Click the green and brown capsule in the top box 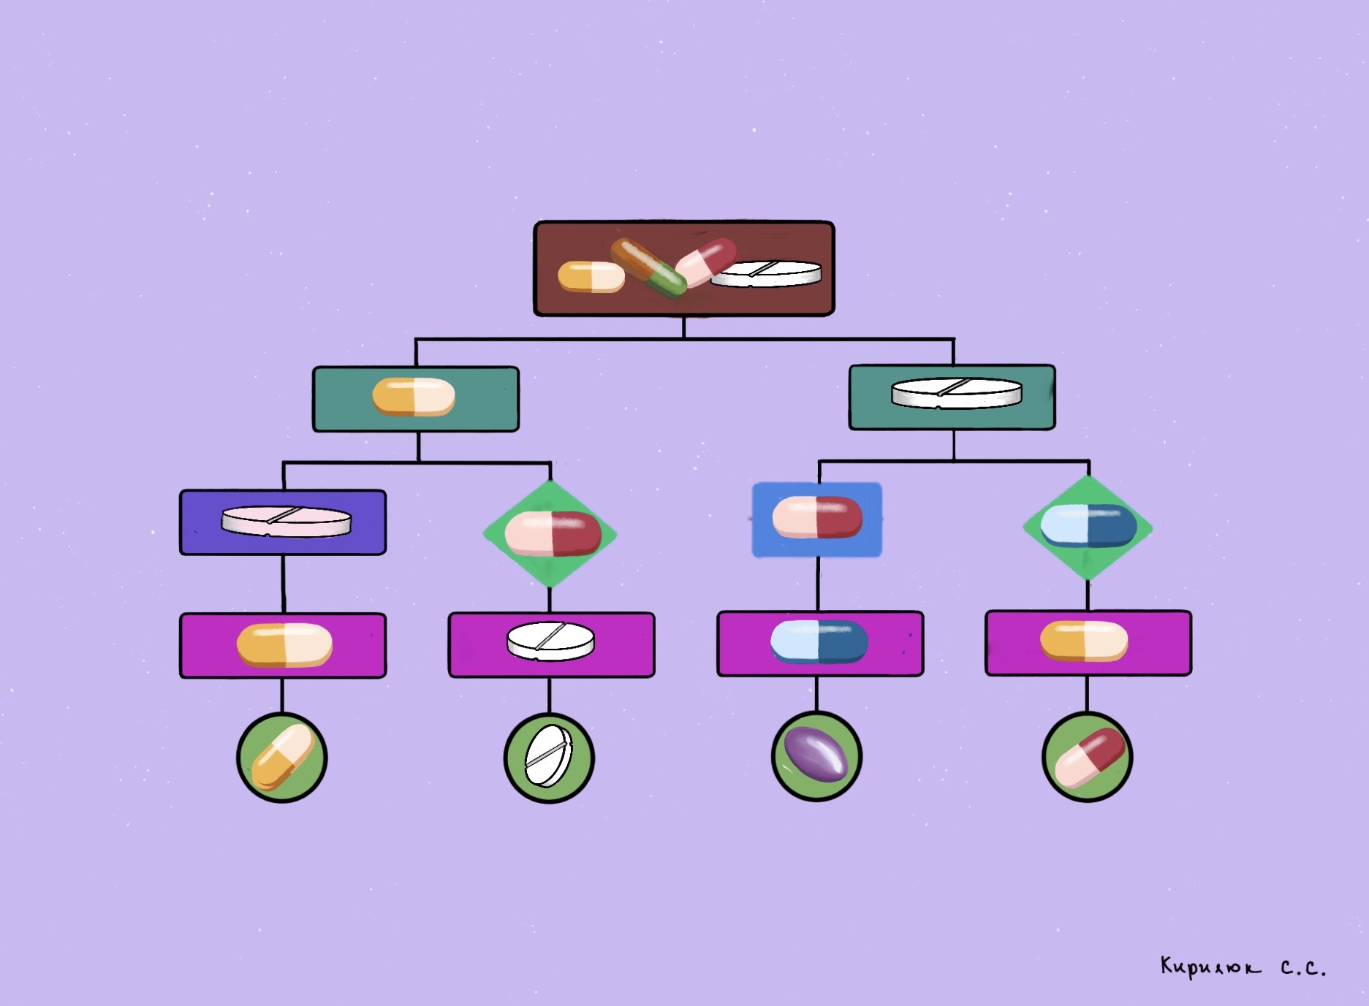(648, 267)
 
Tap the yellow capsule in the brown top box (591, 277)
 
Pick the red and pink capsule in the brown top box (705, 262)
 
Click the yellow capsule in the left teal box (414, 397)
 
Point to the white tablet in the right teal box (956, 392)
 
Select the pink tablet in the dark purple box (286, 522)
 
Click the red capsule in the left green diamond (553, 533)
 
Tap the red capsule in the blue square (817, 517)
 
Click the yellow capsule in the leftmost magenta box (284, 645)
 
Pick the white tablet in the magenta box (550, 641)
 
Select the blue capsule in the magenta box (819, 641)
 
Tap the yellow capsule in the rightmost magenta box (1084, 641)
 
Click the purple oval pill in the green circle (816, 755)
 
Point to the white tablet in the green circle (549, 756)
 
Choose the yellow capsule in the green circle (283, 757)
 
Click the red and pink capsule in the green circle (1088, 757)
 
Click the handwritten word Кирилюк (1210, 967)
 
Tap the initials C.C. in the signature (1302, 969)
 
